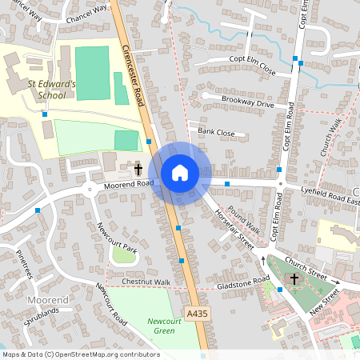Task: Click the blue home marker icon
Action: (179, 173)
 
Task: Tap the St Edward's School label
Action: (52, 88)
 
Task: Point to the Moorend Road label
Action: (128, 184)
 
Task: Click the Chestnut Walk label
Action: (146, 282)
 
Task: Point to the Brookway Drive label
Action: (248, 104)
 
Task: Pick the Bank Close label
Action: (216, 132)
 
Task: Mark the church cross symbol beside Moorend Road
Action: (138, 170)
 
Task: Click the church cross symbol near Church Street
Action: (294, 279)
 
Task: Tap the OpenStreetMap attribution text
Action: (81, 354)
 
